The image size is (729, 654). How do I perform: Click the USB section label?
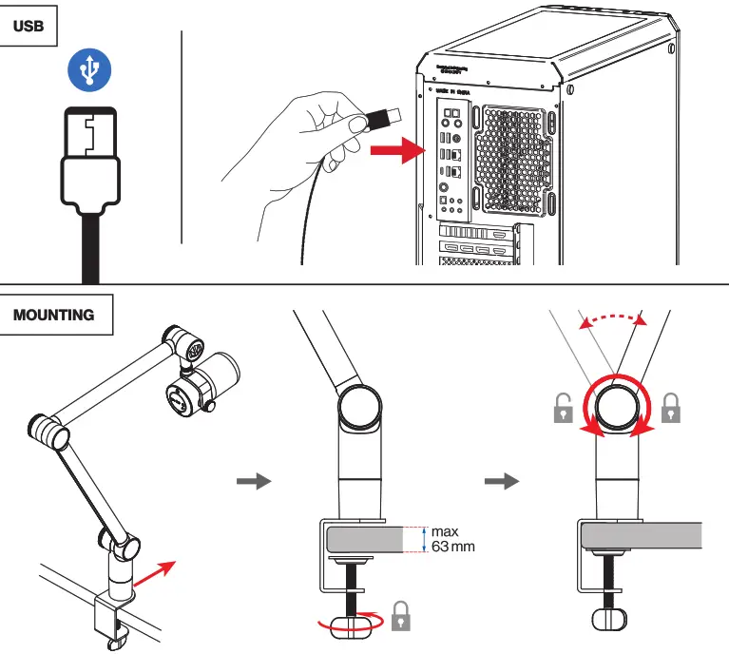tap(29, 27)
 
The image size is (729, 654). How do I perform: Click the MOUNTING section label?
tap(54, 315)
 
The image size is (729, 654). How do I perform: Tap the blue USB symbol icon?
tap(89, 68)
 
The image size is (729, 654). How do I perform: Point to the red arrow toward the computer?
tap(394, 149)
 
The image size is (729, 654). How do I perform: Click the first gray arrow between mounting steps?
tap(252, 481)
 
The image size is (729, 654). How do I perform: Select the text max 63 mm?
tap(451, 539)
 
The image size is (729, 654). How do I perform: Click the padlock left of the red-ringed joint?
tap(565, 409)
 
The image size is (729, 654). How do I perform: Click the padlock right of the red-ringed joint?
tap(671, 409)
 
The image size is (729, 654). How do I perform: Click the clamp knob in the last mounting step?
tap(609, 619)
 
